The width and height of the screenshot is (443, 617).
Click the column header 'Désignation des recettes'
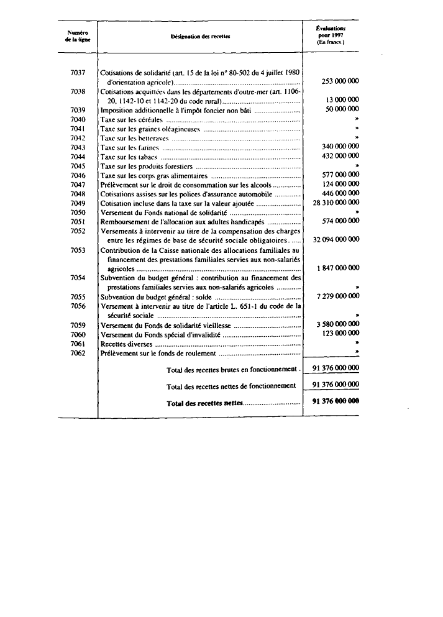(x=200, y=37)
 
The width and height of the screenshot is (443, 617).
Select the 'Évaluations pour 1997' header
(x=331, y=36)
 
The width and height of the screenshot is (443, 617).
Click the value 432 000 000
(x=339, y=157)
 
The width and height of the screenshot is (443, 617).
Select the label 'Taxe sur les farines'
(x=127, y=148)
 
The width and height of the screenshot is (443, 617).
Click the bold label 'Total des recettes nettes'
(x=205, y=404)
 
